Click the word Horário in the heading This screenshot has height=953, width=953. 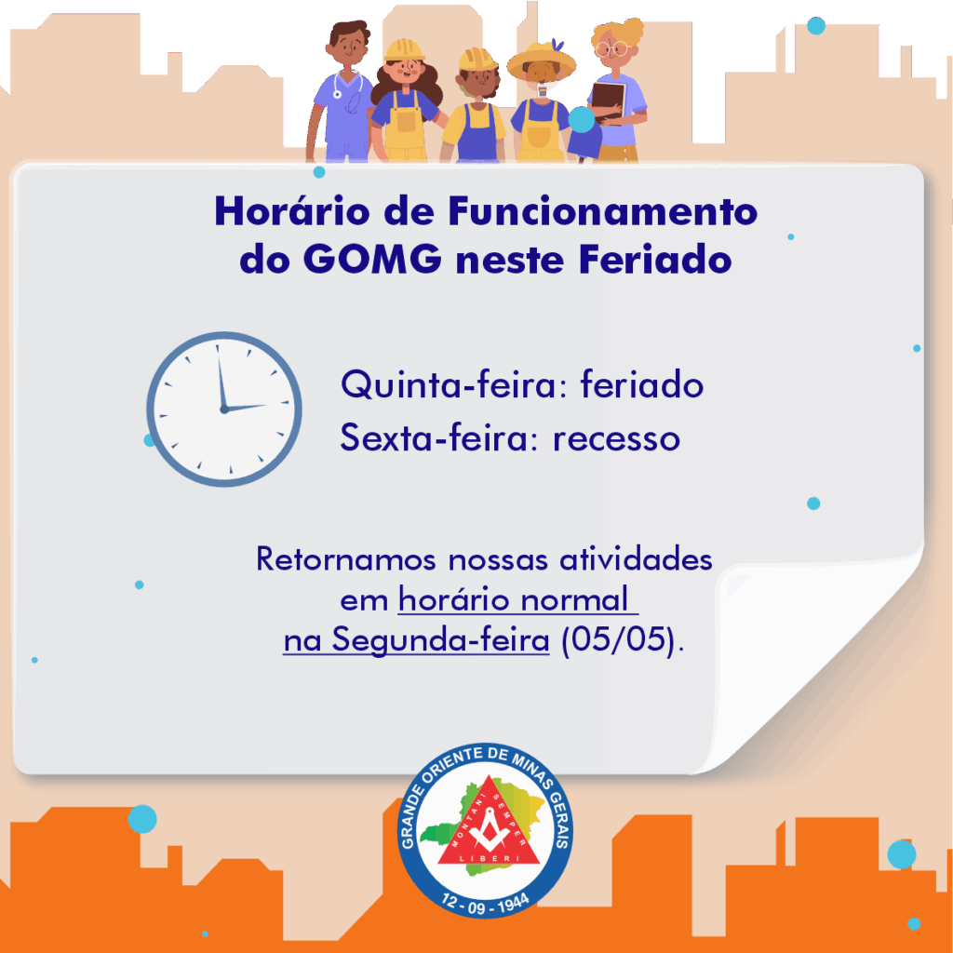click(x=291, y=211)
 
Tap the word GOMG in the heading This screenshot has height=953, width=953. click(x=372, y=260)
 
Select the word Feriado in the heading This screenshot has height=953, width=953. click(x=655, y=260)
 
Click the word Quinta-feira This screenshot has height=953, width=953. click(x=454, y=385)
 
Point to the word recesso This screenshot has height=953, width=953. click(x=616, y=439)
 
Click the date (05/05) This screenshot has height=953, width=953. click(x=618, y=640)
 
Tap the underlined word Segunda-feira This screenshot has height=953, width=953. click(x=440, y=640)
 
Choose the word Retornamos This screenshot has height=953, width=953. click(x=346, y=558)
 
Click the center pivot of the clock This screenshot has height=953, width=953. click(x=224, y=409)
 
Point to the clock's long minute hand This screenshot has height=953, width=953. click(x=221, y=377)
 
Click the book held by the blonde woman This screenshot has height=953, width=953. click(x=609, y=101)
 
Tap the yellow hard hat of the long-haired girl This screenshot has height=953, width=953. click(x=404, y=50)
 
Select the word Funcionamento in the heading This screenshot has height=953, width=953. click(x=603, y=211)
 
